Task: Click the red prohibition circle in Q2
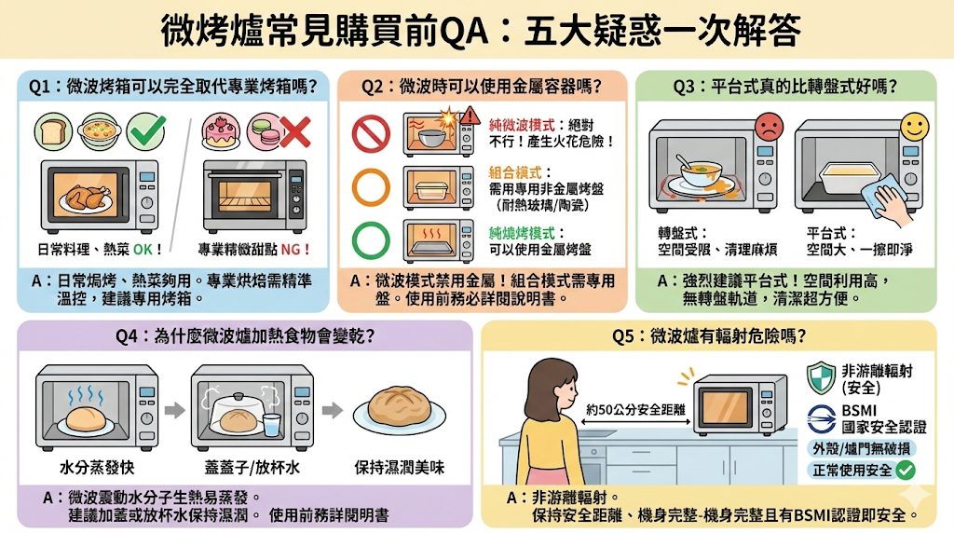click(370, 133)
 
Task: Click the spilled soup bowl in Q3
click(705, 176)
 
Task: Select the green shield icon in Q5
click(821, 376)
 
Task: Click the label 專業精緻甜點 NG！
click(254, 249)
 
